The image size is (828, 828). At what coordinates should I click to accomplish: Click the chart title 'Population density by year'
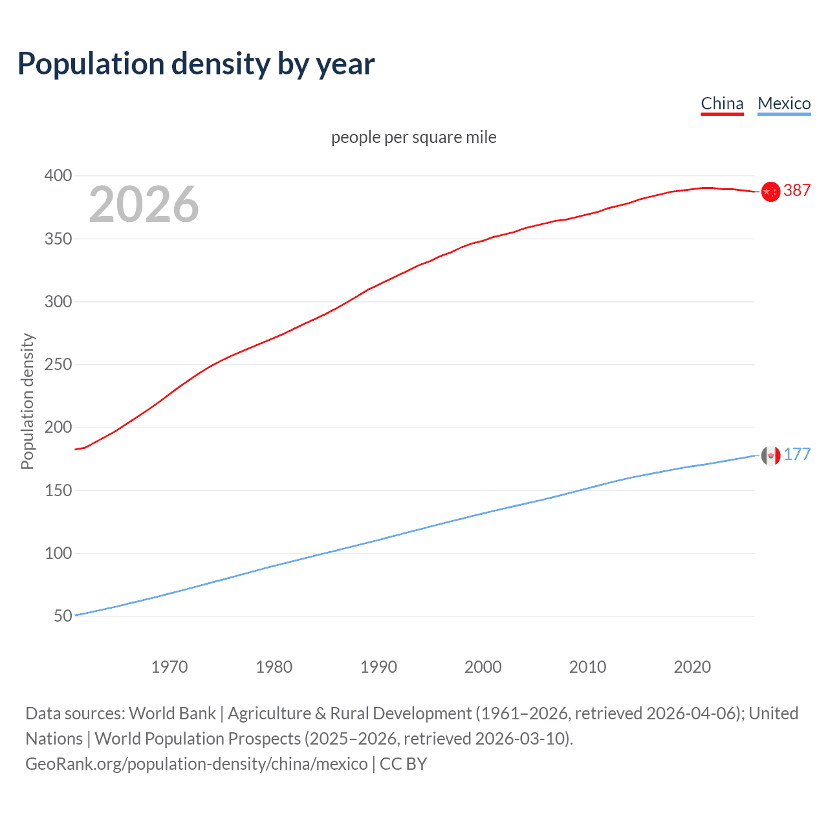[x=196, y=64]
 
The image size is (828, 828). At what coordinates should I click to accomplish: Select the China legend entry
[x=722, y=103]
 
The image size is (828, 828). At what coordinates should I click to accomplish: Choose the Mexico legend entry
[x=784, y=103]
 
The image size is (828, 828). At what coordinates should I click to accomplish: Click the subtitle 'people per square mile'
[x=413, y=137]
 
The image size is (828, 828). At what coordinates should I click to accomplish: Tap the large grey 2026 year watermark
[x=144, y=204]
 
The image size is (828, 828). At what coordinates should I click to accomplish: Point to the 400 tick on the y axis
[x=58, y=176]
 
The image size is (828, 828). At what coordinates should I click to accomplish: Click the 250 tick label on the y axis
[x=58, y=365]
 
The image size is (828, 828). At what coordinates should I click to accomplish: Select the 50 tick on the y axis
[x=63, y=616]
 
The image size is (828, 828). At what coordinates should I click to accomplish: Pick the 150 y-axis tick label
[x=58, y=490]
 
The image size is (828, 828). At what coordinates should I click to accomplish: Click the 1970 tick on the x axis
[x=169, y=667]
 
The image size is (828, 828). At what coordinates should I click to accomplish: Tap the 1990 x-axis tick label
[x=378, y=667]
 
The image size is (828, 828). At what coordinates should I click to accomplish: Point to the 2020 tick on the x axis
[x=692, y=667]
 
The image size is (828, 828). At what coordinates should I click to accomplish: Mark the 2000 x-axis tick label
[x=483, y=667]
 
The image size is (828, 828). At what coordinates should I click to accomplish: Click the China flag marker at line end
[x=770, y=192]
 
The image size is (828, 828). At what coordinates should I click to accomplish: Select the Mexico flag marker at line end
[x=770, y=455]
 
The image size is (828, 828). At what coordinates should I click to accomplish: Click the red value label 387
[x=797, y=190]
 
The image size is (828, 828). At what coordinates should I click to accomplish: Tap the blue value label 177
[x=797, y=454]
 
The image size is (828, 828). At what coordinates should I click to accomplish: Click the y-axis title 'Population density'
[x=27, y=401]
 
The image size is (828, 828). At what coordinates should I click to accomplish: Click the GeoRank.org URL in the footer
[x=197, y=764]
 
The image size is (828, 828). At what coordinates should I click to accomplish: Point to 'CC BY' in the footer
[x=403, y=764]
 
